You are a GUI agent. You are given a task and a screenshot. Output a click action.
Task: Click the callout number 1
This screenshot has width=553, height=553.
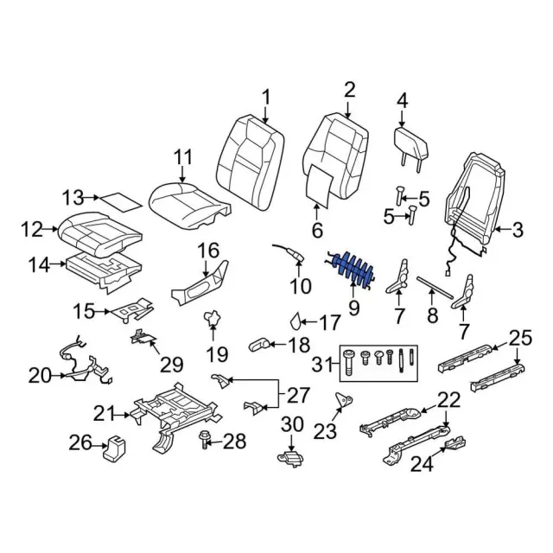click(x=266, y=97)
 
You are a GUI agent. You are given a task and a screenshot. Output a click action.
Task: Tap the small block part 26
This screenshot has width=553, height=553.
click(x=112, y=448)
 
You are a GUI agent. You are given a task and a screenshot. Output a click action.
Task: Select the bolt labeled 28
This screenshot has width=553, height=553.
click(x=207, y=439)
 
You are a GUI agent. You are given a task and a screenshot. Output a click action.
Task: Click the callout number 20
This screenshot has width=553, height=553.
click(x=40, y=376)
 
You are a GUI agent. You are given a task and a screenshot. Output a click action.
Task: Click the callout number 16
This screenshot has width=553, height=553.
click(x=208, y=251)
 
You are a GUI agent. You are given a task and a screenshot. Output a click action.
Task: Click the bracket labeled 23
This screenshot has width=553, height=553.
click(x=343, y=402)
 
